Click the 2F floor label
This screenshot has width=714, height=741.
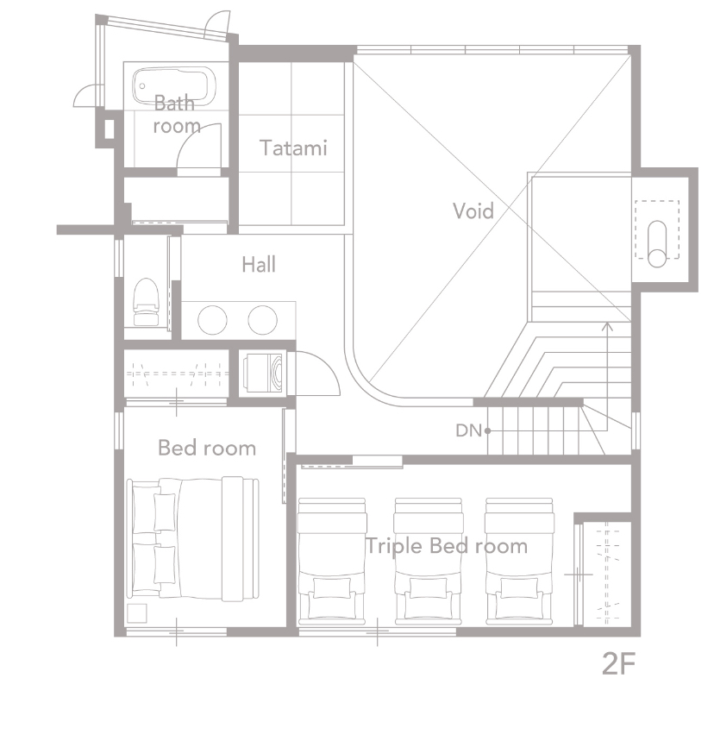[618, 663]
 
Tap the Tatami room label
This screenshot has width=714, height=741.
[293, 148]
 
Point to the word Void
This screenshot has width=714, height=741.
[473, 210]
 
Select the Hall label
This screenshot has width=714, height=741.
[259, 265]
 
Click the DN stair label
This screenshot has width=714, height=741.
[468, 430]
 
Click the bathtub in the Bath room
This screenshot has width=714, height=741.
[173, 85]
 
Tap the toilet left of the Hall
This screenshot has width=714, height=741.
[146, 302]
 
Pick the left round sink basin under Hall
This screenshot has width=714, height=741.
[213, 320]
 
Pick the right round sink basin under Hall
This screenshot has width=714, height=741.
[263, 320]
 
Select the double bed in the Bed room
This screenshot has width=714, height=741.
[193, 539]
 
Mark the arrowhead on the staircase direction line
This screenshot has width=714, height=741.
[608, 325]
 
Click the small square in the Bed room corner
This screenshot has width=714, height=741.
[137, 613]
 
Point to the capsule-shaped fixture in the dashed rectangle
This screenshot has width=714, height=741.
[657, 244]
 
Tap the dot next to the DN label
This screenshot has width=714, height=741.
[488, 430]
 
